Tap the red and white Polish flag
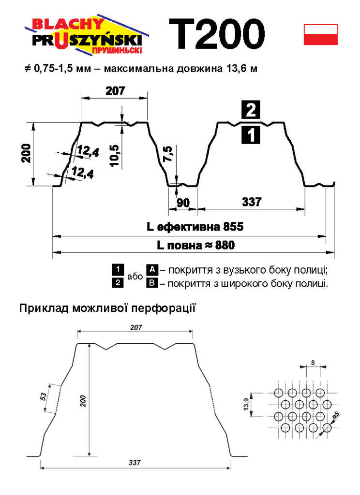pos(320,34)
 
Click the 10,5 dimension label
pos(114,154)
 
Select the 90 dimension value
pos(183,203)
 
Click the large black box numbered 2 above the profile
pos(251,111)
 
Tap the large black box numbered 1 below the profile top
pos(251,135)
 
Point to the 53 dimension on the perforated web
pos(43,397)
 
